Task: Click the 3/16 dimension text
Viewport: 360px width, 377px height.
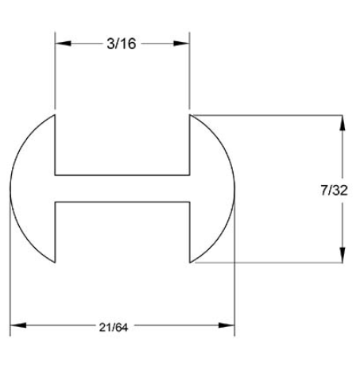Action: point(122,44)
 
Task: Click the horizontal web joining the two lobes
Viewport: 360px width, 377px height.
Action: point(122,189)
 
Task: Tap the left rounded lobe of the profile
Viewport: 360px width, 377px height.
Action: point(32,189)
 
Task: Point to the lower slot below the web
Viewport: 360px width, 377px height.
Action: point(122,234)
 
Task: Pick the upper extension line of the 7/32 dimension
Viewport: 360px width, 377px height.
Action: point(270,117)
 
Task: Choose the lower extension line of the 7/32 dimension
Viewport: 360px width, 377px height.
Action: point(270,262)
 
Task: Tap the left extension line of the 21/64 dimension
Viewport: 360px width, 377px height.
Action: point(10,270)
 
